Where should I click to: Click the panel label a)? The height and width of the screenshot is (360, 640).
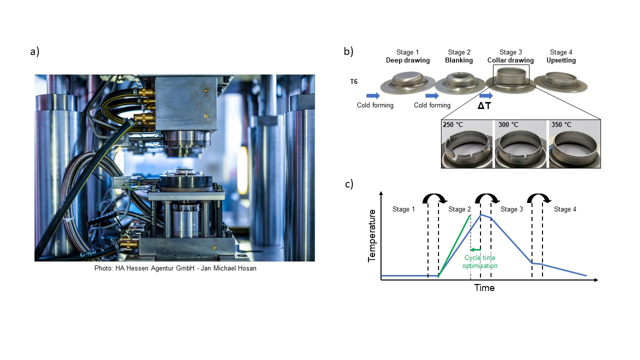pyautogui.click(x=34, y=51)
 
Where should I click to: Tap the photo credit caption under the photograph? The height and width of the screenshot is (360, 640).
pyautogui.click(x=175, y=268)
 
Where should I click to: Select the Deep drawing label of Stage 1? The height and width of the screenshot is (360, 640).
pyautogui.click(x=407, y=60)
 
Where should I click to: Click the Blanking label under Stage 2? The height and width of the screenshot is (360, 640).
pyautogui.click(x=459, y=60)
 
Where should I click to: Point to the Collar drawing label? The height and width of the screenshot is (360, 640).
pyautogui.click(x=510, y=60)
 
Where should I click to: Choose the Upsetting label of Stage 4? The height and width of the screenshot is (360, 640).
pyautogui.click(x=561, y=60)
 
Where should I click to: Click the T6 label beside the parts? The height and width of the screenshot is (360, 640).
pyautogui.click(x=353, y=81)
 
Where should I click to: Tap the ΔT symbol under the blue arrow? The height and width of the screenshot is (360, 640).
pyautogui.click(x=484, y=105)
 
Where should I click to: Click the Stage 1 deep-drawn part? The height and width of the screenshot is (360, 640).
pyautogui.click(x=407, y=83)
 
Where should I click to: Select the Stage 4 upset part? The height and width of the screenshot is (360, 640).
pyautogui.click(x=560, y=82)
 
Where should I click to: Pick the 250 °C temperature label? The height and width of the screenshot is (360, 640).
pyautogui.click(x=453, y=124)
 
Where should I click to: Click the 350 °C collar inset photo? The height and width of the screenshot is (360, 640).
pyautogui.click(x=574, y=144)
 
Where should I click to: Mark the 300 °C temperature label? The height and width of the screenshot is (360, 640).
pyautogui.click(x=508, y=124)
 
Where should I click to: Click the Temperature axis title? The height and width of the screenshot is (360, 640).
pyautogui.click(x=371, y=235)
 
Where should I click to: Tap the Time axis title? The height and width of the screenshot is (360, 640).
pyautogui.click(x=484, y=287)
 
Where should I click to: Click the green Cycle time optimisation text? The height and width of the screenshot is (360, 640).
pyautogui.click(x=480, y=261)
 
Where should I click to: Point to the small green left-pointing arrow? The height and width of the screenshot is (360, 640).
pyautogui.click(x=475, y=249)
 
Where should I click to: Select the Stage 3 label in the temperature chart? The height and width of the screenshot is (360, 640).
pyautogui.click(x=511, y=209)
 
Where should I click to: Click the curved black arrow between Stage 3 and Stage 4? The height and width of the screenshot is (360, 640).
pyautogui.click(x=539, y=197)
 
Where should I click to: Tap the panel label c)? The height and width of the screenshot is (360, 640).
pyautogui.click(x=349, y=184)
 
